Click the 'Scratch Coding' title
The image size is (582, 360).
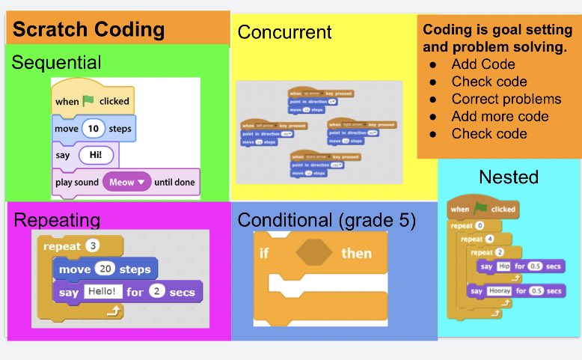(x=88, y=29)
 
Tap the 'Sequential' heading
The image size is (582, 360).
(x=56, y=61)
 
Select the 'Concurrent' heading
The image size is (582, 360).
(x=284, y=32)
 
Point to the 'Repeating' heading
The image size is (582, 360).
(x=58, y=219)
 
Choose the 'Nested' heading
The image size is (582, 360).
(x=509, y=177)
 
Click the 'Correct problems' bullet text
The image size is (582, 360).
(x=506, y=99)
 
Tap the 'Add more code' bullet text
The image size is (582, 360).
(x=500, y=116)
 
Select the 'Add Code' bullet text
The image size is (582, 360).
(x=483, y=64)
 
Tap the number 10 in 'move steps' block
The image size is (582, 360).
(x=94, y=129)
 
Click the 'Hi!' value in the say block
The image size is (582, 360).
(x=95, y=156)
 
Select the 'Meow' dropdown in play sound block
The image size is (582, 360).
(x=126, y=182)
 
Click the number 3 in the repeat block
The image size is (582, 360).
(x=93, y=245)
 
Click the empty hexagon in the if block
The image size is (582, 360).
(x=313, y=253)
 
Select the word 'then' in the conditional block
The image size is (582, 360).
(x=356, y=253)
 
